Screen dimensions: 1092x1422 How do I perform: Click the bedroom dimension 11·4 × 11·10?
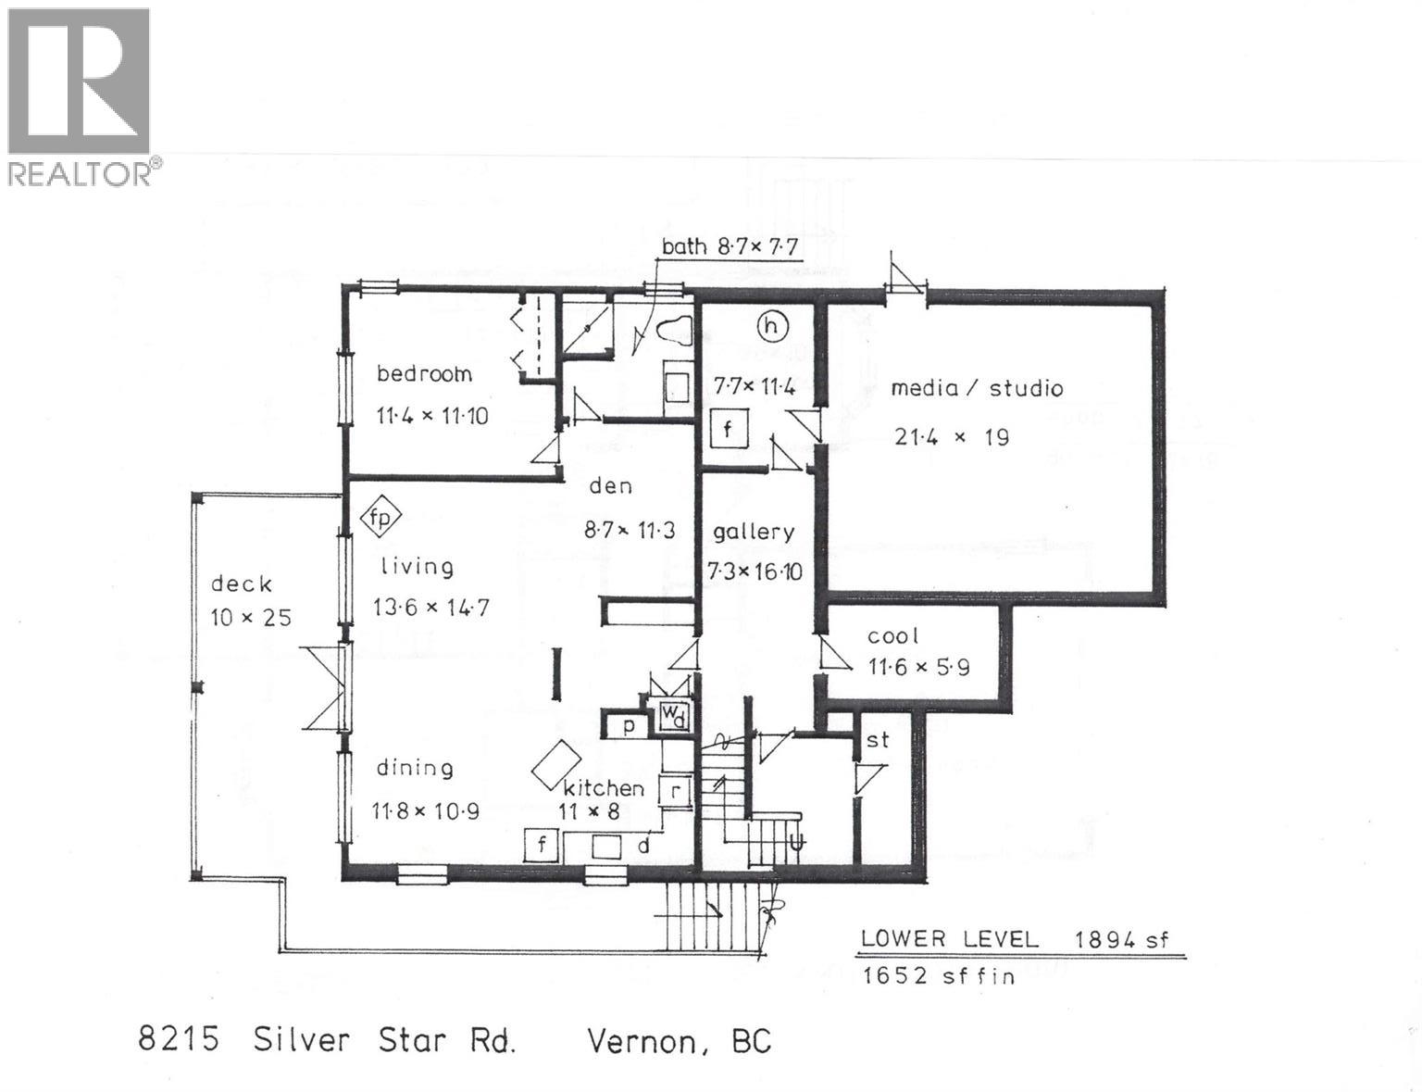[x=432, y=416]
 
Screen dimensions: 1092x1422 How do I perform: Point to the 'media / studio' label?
[x=977, y=388]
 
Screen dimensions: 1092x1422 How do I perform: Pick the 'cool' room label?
[x=892, y=636]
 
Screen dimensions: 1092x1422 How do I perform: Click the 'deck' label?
[x=241, y=584]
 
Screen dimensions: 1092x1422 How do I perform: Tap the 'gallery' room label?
[x=754, y=532]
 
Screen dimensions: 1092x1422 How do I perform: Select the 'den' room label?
[x=610, y=485]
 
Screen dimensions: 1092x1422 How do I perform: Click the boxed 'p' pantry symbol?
[x=629, y=725]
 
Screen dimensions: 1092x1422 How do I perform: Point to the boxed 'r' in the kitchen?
[x=676, y=792]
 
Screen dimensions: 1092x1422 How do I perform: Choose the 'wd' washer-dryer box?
[x=673, y=716]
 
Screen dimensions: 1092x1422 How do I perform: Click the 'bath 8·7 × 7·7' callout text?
[x=730, y=246]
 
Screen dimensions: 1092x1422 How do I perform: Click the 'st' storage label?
[x=877, y=739]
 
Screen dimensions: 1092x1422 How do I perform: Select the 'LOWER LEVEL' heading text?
[x=949, y=938]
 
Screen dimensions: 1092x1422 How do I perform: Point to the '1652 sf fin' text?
[x=938, y=975]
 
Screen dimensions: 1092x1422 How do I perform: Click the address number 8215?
[x=179, y=1039]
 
